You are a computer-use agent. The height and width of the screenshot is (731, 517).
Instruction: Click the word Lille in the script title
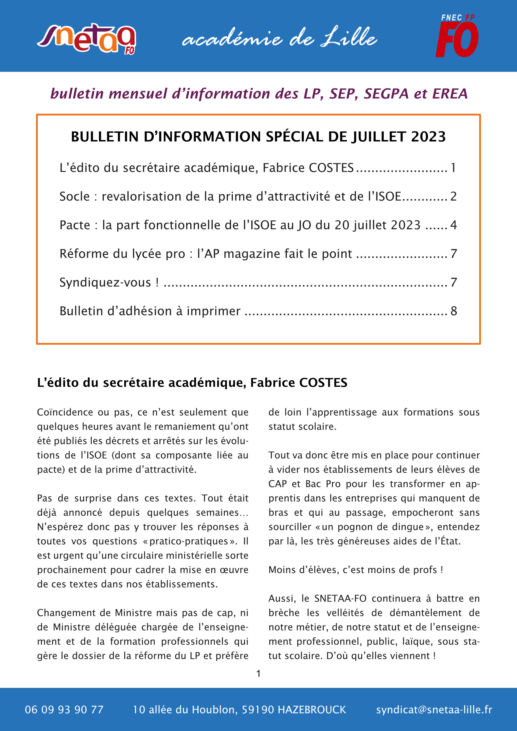tap(349, 38)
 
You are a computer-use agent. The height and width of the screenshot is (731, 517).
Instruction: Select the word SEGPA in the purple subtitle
tap(386, 94)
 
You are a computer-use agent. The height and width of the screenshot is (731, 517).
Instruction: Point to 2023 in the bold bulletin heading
tap(428, 136)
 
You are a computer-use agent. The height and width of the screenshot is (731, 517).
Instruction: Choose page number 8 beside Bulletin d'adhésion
tap(454, 311)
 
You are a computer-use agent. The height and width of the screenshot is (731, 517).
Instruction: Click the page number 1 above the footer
tap(258, 673)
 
